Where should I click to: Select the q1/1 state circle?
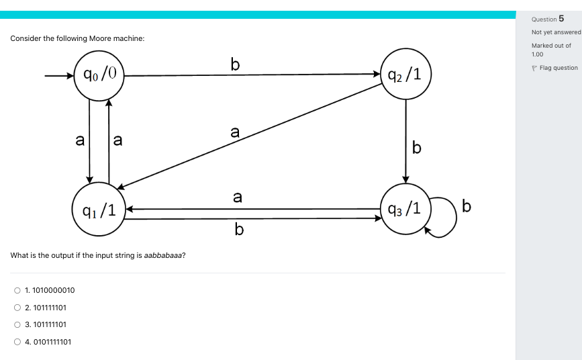(100, 209)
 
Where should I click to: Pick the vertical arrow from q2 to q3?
(405, 141)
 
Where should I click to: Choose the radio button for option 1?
(17, 290)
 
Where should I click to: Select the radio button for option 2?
(17, 308)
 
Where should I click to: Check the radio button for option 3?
(17, 324)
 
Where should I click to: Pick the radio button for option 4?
(17, 342)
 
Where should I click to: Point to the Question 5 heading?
(547, 19)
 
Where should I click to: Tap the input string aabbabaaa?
(165, 257)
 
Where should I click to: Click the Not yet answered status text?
(555, 32)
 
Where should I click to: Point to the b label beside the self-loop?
(467, 207)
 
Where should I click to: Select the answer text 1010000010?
(53, 290)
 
